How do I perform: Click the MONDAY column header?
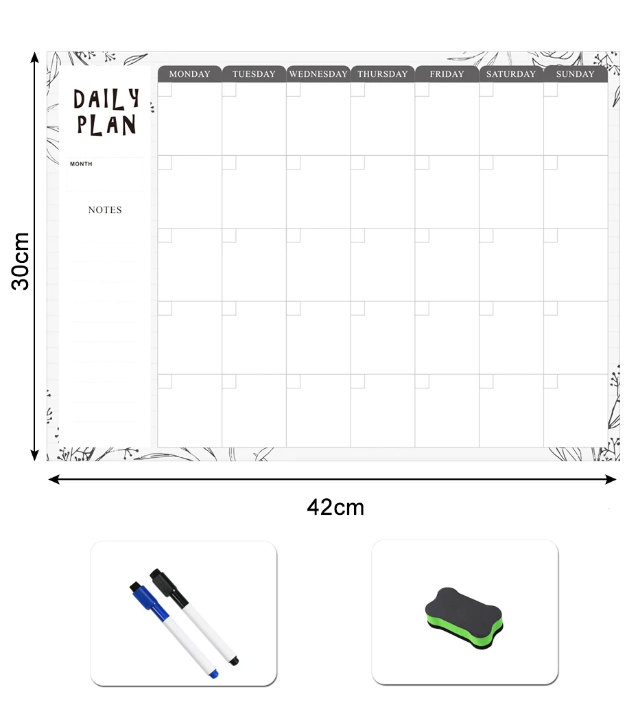pyautogui.click(x=190, y=74)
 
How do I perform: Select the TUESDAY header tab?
pyautogui.click(x=254, y=74)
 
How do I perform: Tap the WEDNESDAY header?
pyautogui.click(x=318, y=74)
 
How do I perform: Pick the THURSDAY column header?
pyautogui.click(x=383, y=74)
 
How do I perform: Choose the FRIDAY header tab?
pyautogui.click(x=447, y=74)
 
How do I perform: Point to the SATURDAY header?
pyautogui.click(x=511, y=74)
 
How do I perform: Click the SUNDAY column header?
pyautogui.click(x=576, y=74)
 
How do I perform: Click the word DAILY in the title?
pyautogui.click(x=106, y=100)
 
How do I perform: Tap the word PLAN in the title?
pyautogui.click(x=106, y=125)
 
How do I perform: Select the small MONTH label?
pyautogui.click(x=81, y=164)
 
